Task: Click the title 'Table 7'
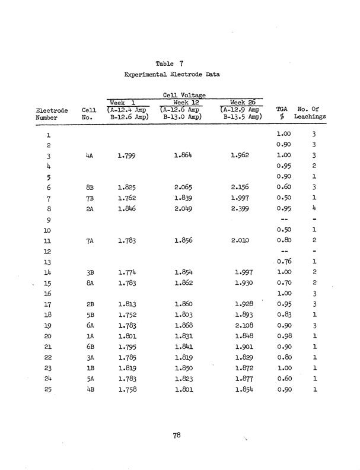tap(171, 63)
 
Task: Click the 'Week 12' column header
tap(184, 101)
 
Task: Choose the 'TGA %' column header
tap(282, 113)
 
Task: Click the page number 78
tap(177, 436)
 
